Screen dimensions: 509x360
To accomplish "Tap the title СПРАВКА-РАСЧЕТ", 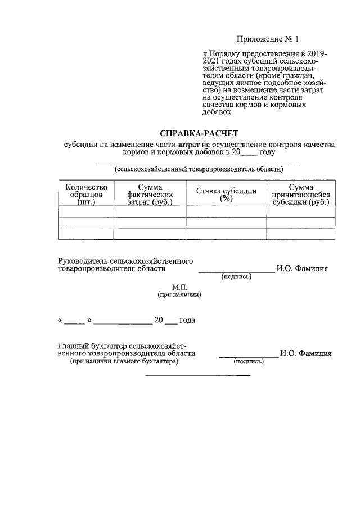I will tap(199, 133).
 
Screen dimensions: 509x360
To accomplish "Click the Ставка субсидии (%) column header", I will tap(226, 194).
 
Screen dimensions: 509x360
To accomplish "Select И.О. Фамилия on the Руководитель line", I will tap(302, 269).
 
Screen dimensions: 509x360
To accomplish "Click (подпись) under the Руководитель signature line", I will tap(236, 277).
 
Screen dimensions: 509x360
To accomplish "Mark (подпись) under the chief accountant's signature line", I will tap(249, 362).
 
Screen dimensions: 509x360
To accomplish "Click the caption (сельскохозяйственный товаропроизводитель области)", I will tap(199, 169).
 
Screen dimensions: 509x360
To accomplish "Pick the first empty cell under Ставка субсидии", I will tap(226, 212).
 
